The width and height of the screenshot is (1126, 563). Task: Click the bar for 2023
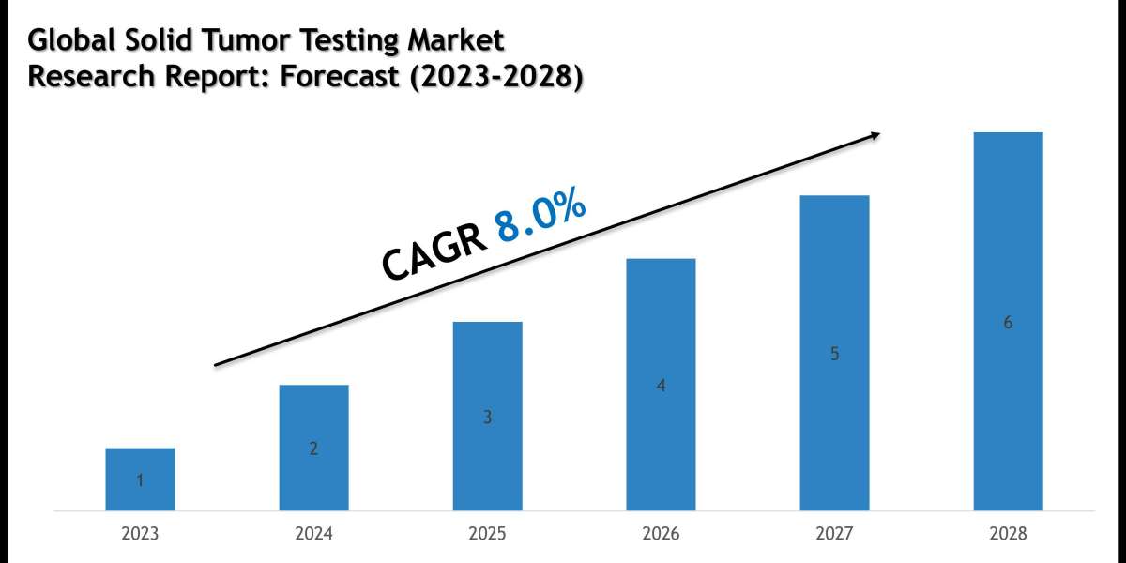coord(140,479)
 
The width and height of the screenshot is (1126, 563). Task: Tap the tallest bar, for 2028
coord(1008,321)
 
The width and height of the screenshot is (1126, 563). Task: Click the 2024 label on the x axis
coord(313,534)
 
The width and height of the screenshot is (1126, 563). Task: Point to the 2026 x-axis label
coord(661,534)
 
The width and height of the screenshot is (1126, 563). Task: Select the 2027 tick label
coord(834,534)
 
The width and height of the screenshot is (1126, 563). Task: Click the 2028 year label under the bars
coord(1008,534)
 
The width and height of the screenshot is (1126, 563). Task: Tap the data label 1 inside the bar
coord(140,481)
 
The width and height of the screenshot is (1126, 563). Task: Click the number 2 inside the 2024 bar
coord(313,449)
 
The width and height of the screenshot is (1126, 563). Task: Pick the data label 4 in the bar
coord(661,386)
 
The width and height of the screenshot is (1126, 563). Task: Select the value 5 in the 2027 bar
coord(834,355)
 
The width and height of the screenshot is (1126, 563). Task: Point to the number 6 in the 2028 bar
coord(1008,323)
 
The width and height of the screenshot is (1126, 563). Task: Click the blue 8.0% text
coord(541,218)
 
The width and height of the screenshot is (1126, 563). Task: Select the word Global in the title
coord(65,40)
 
